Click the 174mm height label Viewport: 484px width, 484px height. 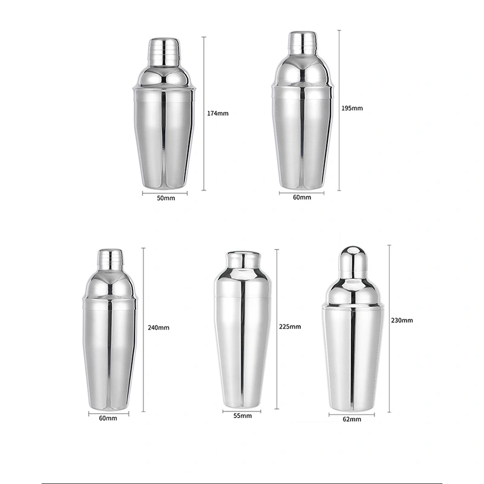click(x=218, y=113)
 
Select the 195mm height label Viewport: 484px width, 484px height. click(x=352, y=108)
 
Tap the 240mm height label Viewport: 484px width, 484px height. click(x=159, y=327)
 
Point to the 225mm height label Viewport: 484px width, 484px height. click(x=290, y=327)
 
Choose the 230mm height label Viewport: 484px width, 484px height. click(x=402, y=321)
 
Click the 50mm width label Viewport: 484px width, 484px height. click(x=166, y=198)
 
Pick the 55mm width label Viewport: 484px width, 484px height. click(x=243, y=416)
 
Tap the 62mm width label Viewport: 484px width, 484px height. click(x=352, y=419)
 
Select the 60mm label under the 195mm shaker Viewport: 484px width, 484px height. click(x=302, y=197)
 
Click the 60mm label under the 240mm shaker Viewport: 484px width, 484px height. click(x=108, y=418)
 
